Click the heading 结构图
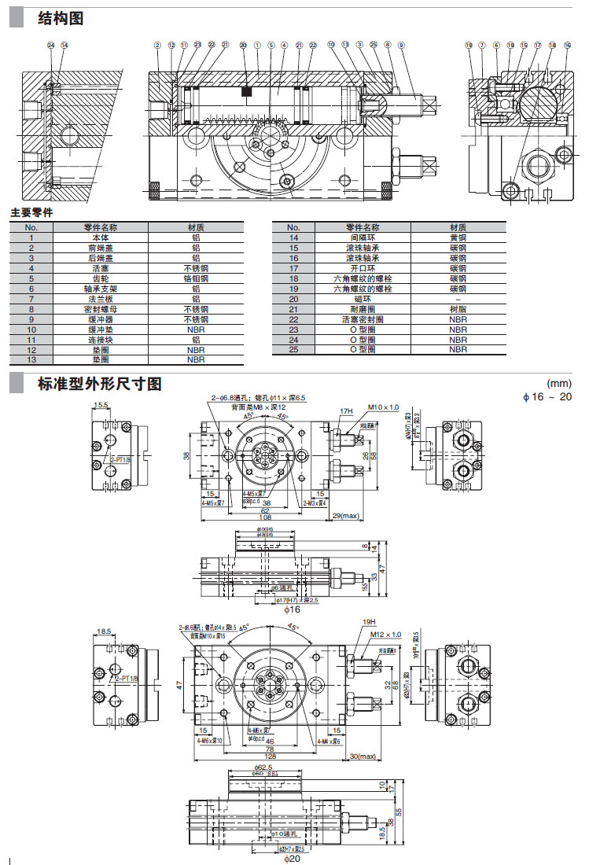(x=61, y=18)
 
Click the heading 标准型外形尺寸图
(x=99, y=385)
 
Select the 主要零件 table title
(x=32, y=213)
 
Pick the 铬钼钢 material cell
(x=196, y=278)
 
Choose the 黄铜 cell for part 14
(x=458, y=237)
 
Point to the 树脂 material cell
(x=458, y=309)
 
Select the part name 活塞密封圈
(x=363, y=319)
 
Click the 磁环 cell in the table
(x=363, y=299)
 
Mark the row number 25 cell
(x=294, y=349)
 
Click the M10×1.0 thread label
(x=384, y=407)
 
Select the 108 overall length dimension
(x=265, y=517)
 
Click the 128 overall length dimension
(x=271, y=756)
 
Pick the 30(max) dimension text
(x=366, y=756)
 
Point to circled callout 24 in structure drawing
(x=51, y=46)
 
